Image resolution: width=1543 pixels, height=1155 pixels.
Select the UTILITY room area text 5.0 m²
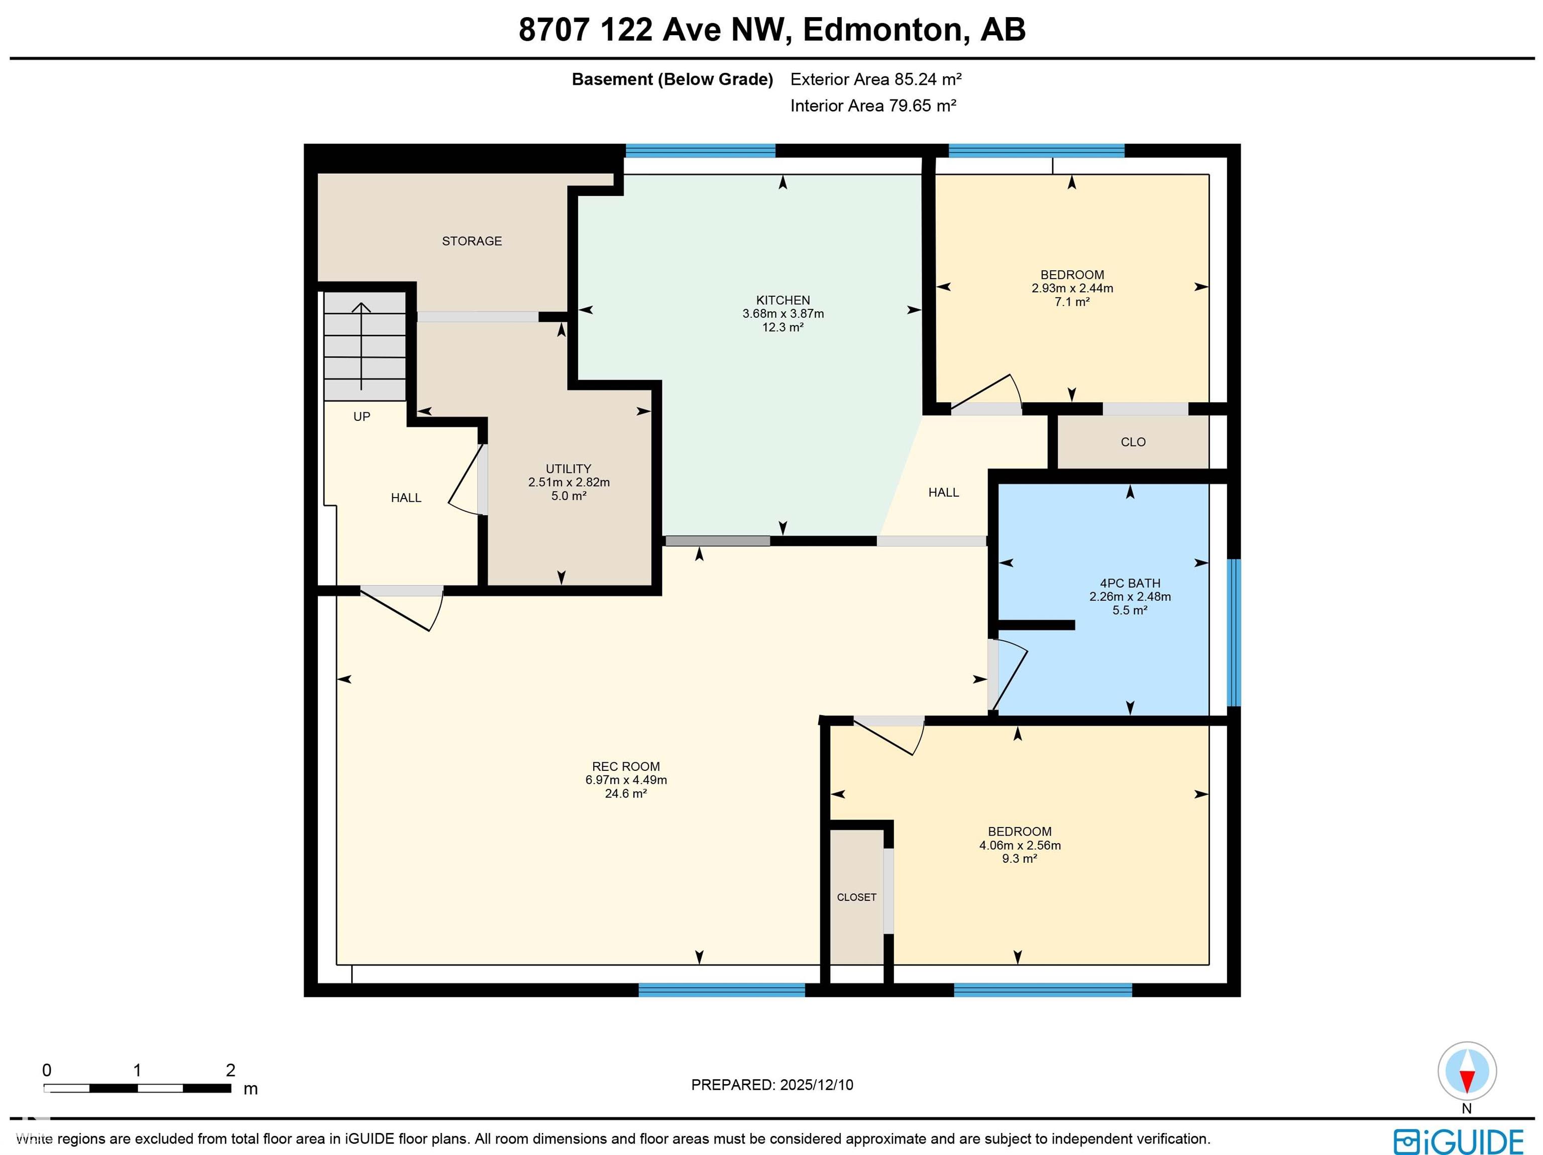569,496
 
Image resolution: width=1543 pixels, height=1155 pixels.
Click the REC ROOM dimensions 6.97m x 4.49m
626,780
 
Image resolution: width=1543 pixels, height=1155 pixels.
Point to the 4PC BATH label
1129,583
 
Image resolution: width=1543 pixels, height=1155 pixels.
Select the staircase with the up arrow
364,346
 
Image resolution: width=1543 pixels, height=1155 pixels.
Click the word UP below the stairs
361,416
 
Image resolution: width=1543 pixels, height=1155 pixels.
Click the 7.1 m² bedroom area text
1072,302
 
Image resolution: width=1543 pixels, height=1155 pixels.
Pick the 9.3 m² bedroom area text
1019,859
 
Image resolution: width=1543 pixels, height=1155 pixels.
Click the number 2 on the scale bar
230,1070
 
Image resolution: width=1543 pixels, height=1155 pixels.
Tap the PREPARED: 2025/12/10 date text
771,1085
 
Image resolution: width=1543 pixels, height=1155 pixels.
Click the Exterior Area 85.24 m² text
875,79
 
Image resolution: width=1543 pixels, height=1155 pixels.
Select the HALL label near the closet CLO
943,493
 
